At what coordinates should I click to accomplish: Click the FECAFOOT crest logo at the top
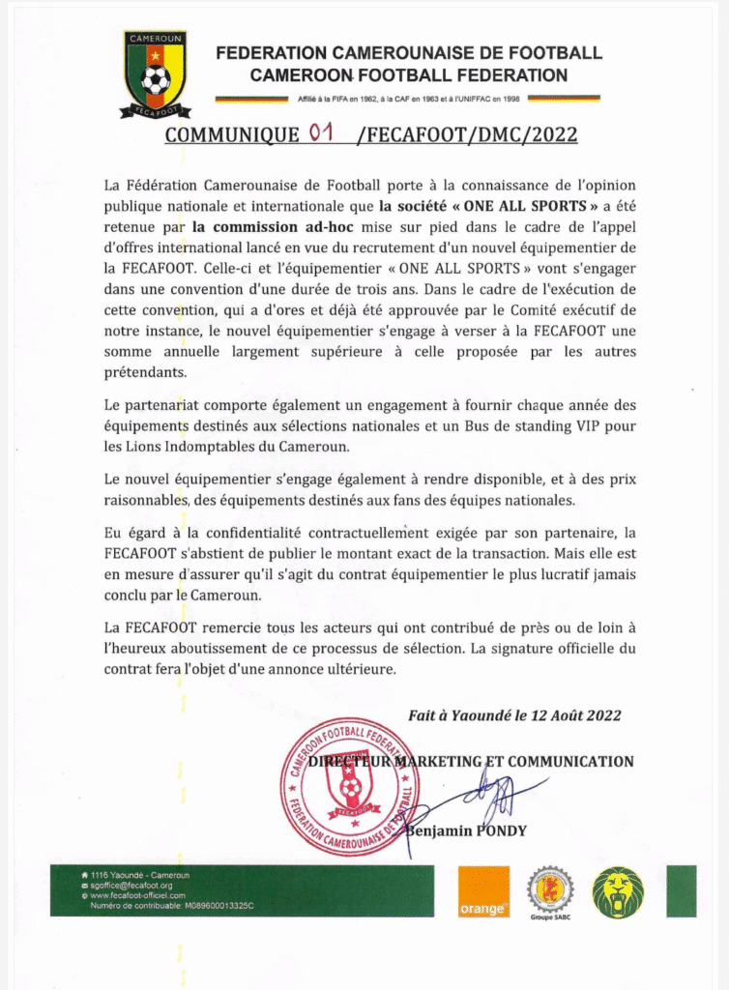click(155, 74)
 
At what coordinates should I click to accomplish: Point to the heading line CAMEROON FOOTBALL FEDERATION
click(408, 74)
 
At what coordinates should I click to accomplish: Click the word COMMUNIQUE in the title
click(232, 135)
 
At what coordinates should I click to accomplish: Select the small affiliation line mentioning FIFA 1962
click(407, 99)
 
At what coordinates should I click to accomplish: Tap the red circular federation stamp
click(349, 786)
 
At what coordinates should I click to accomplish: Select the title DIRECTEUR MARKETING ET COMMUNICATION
click(470, 761)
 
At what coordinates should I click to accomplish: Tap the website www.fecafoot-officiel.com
click(141, 895)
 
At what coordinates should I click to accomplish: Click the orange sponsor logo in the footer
click(483, 891)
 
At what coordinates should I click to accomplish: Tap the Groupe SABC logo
click(550, 891)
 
